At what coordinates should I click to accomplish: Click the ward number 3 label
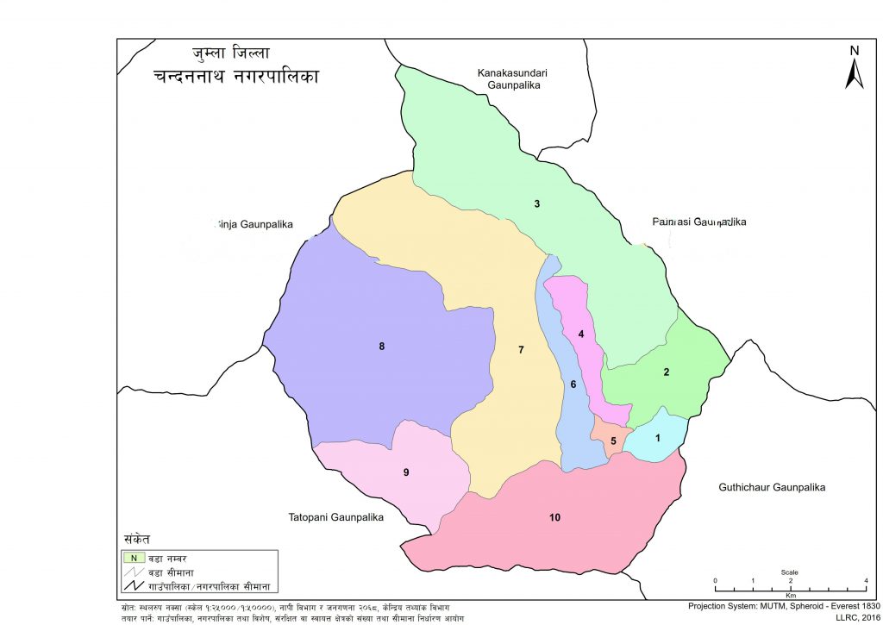pos(537,204)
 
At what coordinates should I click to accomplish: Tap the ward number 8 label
pos(381,347)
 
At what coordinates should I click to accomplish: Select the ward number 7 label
pos(521,349)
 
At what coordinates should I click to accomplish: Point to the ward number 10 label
pos(554,517)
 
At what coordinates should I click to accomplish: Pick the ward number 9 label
pos(405,472)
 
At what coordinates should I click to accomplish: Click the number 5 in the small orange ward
pos(613,441)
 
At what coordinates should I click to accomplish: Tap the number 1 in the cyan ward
pos(658,438)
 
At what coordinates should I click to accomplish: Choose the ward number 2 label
pos(666,372)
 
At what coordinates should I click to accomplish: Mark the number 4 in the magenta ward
pos(581,334)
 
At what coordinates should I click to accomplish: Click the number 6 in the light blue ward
pos(572,384)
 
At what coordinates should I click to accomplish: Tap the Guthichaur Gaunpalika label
pos(772,488)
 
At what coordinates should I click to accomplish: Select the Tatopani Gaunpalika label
pos(335,518)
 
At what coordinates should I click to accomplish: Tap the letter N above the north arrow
pos(854,51)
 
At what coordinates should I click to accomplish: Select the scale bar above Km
pos(789,583)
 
